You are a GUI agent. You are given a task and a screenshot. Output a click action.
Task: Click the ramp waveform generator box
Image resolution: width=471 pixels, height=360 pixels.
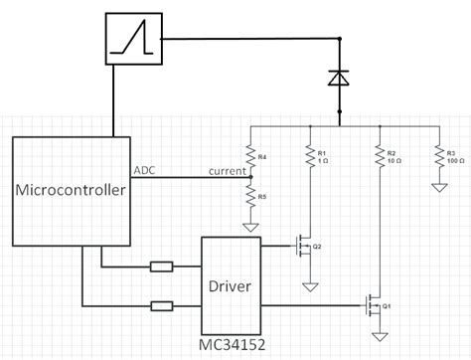click(x=133, y=40)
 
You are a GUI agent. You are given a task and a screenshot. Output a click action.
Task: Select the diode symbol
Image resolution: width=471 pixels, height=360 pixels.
click(x=340, y=77)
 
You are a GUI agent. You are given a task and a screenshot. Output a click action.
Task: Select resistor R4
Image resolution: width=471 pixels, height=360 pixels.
click(x=250, y=157)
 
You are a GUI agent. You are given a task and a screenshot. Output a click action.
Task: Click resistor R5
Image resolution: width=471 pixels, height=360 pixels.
click(x=250, y=199)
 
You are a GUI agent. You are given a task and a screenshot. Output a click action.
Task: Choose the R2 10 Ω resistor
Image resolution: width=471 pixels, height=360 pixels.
click(x=379, y=157)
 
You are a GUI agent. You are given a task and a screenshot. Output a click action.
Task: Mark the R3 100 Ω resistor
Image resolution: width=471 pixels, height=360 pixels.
click(x=438, y=157)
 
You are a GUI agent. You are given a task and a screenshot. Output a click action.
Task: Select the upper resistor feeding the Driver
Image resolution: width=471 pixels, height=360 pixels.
click(x=161, y=267)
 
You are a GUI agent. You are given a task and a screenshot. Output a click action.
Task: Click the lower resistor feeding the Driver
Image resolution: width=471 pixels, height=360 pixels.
click(x=161, y=305)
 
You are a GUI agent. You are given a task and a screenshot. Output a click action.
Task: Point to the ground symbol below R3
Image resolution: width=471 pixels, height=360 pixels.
click(x=438, y=186)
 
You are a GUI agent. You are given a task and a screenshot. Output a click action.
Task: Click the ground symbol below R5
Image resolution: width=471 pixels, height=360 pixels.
click(x=250, y=226)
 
